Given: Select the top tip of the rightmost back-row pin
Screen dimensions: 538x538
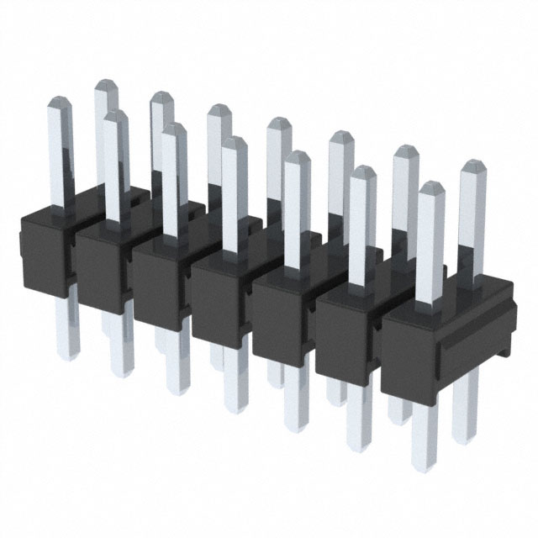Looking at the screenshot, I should pos(474,167).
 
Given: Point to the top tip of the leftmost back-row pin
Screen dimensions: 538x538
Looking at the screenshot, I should pos(105,84).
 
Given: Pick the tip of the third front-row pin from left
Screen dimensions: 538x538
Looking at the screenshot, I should pos(174,128).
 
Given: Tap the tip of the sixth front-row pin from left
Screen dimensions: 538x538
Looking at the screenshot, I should pos(362,171).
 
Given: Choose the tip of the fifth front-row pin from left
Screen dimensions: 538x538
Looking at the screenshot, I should pos(296,156).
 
